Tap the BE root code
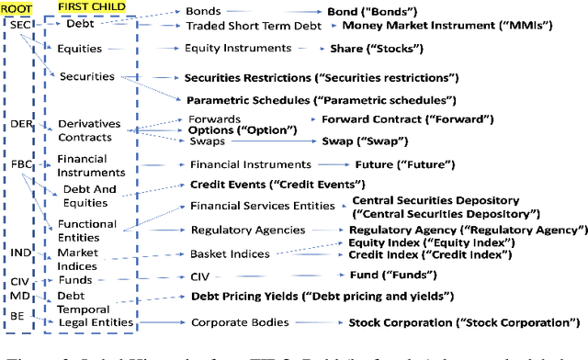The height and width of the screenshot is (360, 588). (17, 315)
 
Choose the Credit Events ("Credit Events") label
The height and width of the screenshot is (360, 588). (260, 185)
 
